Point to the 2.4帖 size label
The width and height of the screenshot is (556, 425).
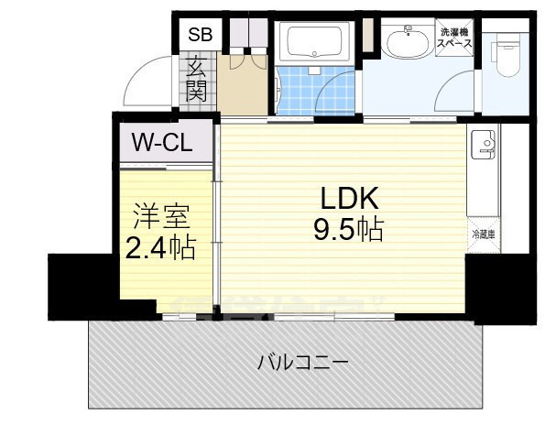pyautogui.click(x=160, y=247)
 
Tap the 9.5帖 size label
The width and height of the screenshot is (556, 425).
pyautogui.click(x=348, y=229)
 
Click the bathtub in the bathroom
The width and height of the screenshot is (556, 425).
pyautogui.click(x=314, y=42)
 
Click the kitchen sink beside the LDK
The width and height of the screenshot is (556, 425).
pyautogui.click(x=483, y=145)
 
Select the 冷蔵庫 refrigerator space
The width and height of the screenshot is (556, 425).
pyautogui.click(x=483, y=234)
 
